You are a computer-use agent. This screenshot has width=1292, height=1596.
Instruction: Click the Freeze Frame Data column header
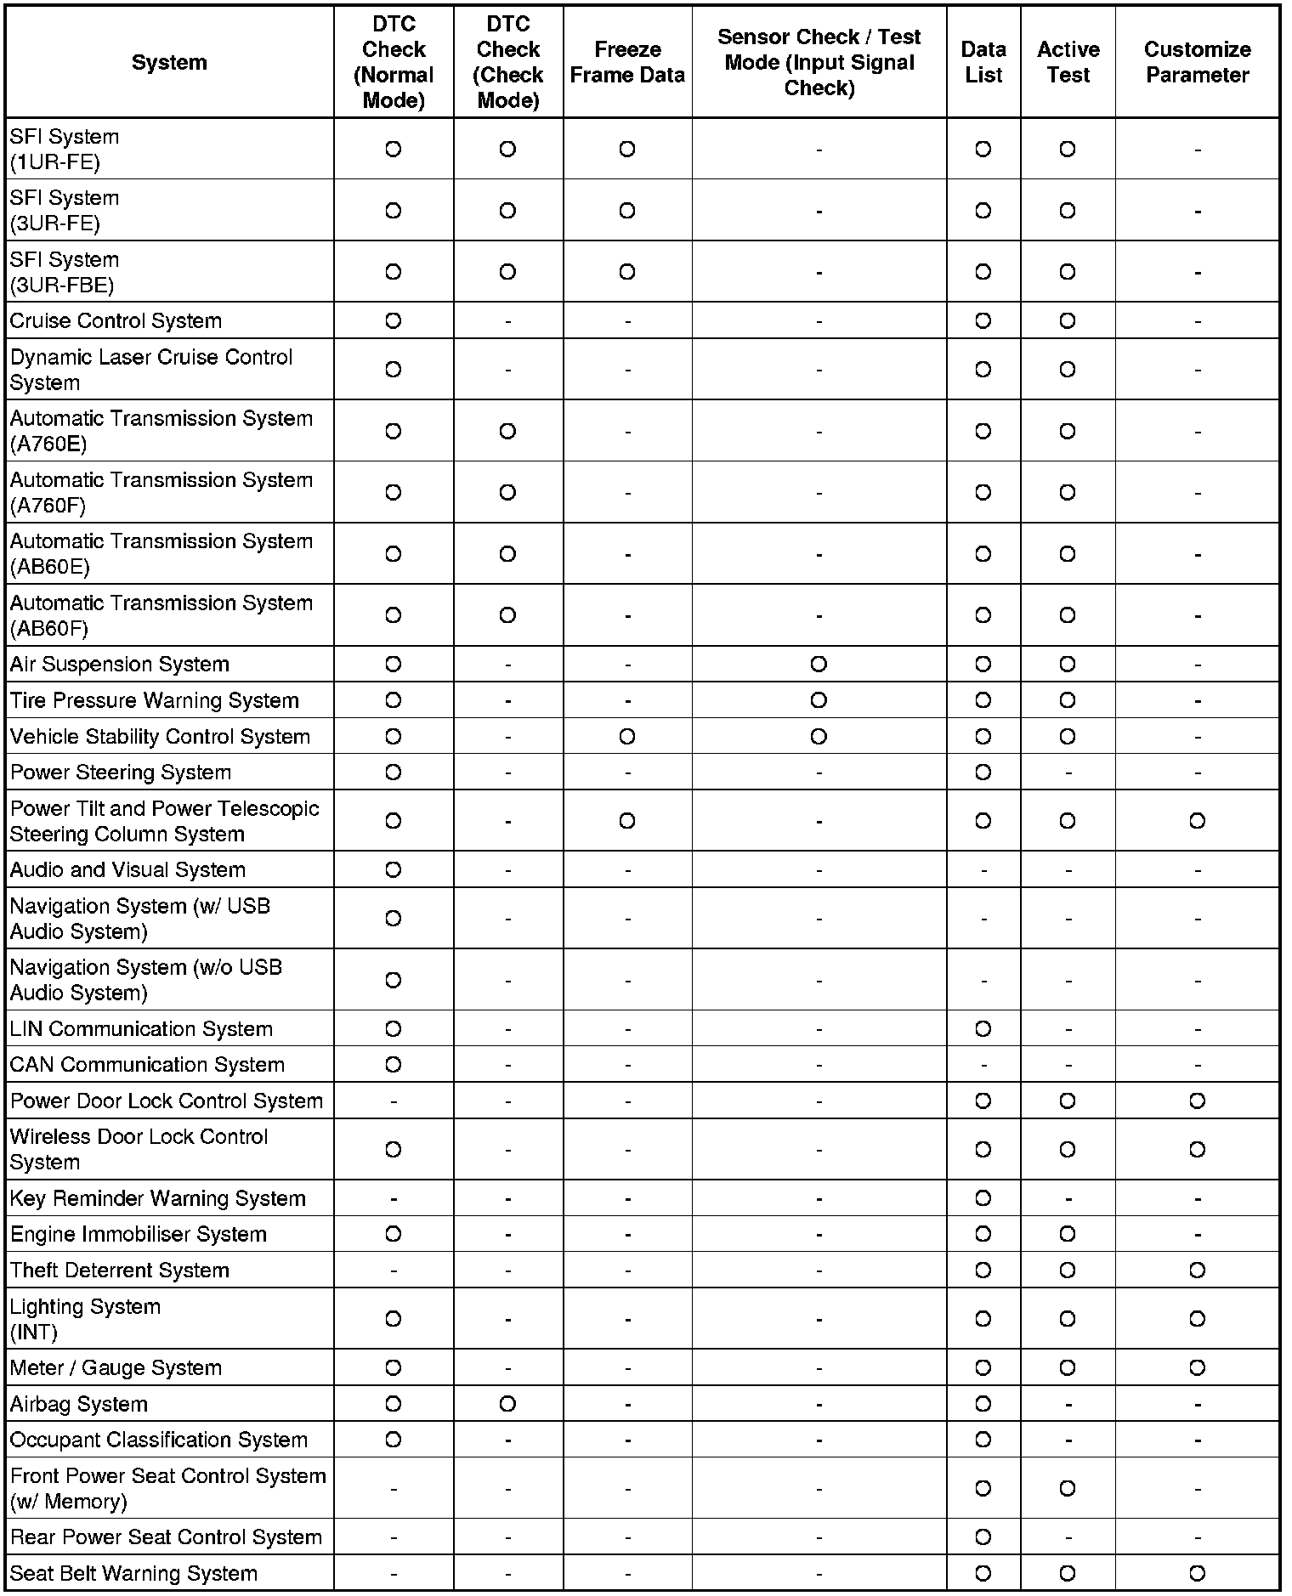(x=627, y=62)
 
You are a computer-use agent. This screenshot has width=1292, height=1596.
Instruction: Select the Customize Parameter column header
(x=1197, y=62)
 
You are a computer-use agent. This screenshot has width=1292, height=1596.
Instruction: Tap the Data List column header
(x=983, y=62)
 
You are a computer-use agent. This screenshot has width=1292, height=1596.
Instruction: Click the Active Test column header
(x=1068, y=62)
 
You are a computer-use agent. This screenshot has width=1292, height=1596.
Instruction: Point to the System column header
(x=169, y=62)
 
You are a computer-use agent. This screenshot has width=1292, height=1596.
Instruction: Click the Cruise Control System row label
(x=116, y=321)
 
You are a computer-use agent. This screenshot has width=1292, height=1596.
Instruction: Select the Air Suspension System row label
(x=120, y=665)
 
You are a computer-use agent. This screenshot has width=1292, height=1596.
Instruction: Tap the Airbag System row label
(x=79, y=1404)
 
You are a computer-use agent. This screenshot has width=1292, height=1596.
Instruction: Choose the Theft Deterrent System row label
(x=120, y=1271)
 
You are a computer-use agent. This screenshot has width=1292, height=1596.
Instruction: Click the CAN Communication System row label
(x=147, y=1065)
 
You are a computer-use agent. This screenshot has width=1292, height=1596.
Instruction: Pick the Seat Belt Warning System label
(x=133, y=1574)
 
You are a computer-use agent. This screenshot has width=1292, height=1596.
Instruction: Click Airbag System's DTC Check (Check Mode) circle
(x=507, y=1404)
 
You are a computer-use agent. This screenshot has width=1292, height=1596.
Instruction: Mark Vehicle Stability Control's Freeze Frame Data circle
(x=627, y=737)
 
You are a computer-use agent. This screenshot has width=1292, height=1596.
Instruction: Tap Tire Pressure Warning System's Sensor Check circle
(x=819, y=700)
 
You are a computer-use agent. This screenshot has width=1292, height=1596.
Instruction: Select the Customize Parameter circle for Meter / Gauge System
(x=1197, y=1368)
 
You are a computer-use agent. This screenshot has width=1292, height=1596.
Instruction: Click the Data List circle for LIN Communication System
(x=983, y=1029)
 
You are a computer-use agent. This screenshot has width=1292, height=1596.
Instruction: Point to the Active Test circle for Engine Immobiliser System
(x=1068, y=1234)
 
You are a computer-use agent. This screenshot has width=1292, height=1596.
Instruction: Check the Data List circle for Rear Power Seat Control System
(x=983, y=1537)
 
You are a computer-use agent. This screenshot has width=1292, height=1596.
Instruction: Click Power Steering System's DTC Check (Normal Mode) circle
(x=393, y=773)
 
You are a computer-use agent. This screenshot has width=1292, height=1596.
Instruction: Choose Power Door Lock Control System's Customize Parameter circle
(x=1197, y=1101)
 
